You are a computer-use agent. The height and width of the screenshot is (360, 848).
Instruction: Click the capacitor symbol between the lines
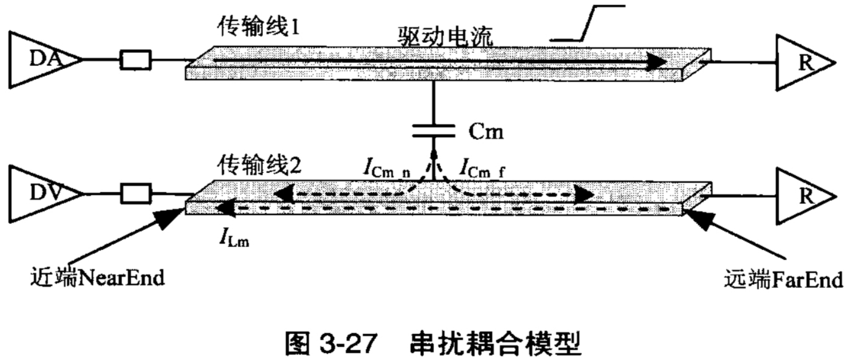[x=433, y=132]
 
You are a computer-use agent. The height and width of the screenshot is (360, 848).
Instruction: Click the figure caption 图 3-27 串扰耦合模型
[x=433, y=342]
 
